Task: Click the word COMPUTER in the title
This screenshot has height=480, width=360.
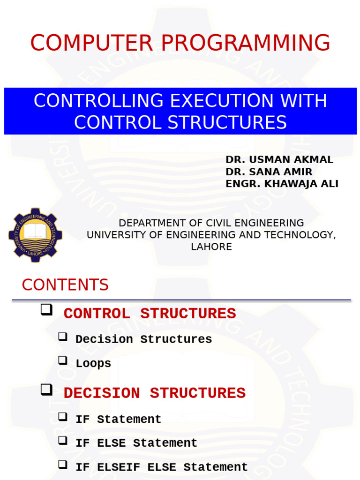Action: (x=91, y=43)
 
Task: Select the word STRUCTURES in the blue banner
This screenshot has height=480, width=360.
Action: (x=227, y=122)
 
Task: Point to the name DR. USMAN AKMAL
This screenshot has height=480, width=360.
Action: (x=279, y=160)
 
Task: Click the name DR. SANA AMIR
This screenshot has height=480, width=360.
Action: (x=269, y=172)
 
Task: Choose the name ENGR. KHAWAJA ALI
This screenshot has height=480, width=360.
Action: (x=282, y=184)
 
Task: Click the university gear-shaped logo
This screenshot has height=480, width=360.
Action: (x=35, y=235)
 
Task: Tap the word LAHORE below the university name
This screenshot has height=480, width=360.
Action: (x=211, y=247)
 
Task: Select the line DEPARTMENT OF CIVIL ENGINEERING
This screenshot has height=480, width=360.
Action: (x=211, y=223)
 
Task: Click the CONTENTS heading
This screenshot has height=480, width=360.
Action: (x=65, y=285)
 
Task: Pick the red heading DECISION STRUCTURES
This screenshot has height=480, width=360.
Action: (x=155, y=393)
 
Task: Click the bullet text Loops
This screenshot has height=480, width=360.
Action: (x=93, y=364)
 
